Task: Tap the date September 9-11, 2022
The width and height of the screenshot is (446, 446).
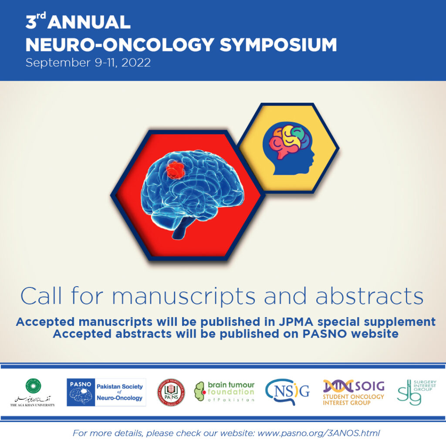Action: coord(88,63)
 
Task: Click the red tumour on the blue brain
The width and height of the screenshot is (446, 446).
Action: coord(175,170)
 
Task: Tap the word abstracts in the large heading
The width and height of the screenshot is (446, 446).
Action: coord(369,297)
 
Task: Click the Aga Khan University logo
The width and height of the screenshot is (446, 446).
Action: coord(33,392)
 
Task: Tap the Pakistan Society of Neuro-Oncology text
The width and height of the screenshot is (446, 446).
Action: coord(119,392)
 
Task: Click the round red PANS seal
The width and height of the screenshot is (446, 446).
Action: coord(171,392)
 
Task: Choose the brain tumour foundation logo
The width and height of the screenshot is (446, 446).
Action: coord(224,392)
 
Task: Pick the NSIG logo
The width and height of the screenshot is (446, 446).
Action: coord(287,392)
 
